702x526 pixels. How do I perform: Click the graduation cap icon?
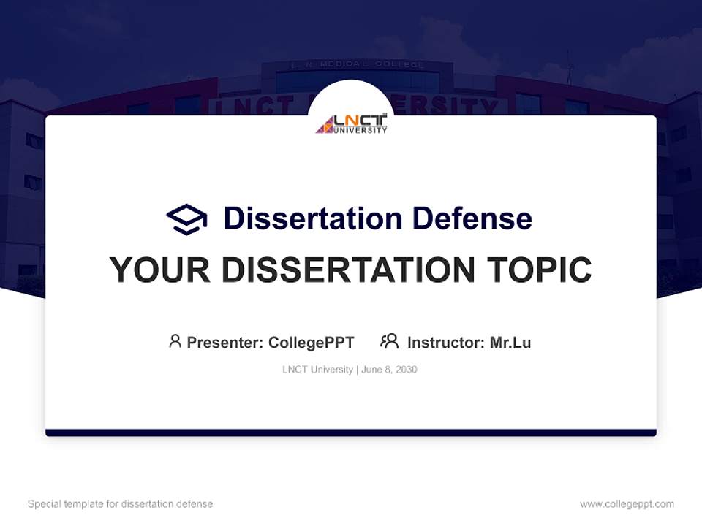coord(186,219)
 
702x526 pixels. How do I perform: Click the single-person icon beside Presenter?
coord(175,341)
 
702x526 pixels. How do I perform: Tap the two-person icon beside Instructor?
coord(390,341)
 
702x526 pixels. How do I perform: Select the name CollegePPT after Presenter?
coord(312,343)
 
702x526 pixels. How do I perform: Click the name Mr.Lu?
coord(510,343)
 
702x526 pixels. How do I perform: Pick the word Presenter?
coord(225,343)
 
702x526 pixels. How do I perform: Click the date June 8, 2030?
coord(389,370)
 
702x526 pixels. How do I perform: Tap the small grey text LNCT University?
coord(317,370)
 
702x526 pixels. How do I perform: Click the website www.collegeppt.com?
coord(627,504)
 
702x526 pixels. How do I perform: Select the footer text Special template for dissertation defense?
coord(120,504)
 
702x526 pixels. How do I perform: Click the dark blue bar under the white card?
coord(351,432)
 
